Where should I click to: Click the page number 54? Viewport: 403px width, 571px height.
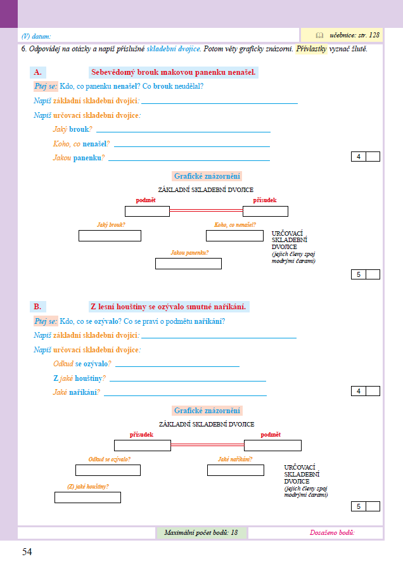[27, 551]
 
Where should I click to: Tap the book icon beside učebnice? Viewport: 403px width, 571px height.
[319, 35]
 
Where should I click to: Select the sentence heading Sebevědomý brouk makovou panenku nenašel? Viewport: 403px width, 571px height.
[174, 73]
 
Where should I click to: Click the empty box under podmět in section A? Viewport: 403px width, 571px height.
[147, 211]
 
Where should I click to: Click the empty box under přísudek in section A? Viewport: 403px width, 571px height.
[265, 211]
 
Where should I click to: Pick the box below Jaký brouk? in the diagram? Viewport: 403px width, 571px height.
[110, 236]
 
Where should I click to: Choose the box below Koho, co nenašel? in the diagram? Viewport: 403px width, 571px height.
[234, 236]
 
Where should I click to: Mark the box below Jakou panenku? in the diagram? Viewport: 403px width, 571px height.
[188, 264]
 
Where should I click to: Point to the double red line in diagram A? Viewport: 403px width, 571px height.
[207, 210]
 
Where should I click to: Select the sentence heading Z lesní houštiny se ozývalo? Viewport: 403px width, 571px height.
[169, 307]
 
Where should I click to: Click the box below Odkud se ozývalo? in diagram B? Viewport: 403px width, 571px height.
[108, 470]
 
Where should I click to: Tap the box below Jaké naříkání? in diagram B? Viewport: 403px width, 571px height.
[236, 470]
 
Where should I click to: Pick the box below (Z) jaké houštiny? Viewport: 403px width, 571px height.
[87, 497]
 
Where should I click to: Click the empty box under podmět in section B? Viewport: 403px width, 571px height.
[272, 446]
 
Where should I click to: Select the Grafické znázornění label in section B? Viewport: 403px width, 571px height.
[208, 411]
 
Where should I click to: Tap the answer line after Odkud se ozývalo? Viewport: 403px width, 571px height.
[177, 366]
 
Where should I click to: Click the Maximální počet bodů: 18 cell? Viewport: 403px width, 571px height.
[201, 533]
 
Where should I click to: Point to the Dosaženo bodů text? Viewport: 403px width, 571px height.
[332, 533]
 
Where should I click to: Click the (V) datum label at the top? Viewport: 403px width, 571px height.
[36, 37]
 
